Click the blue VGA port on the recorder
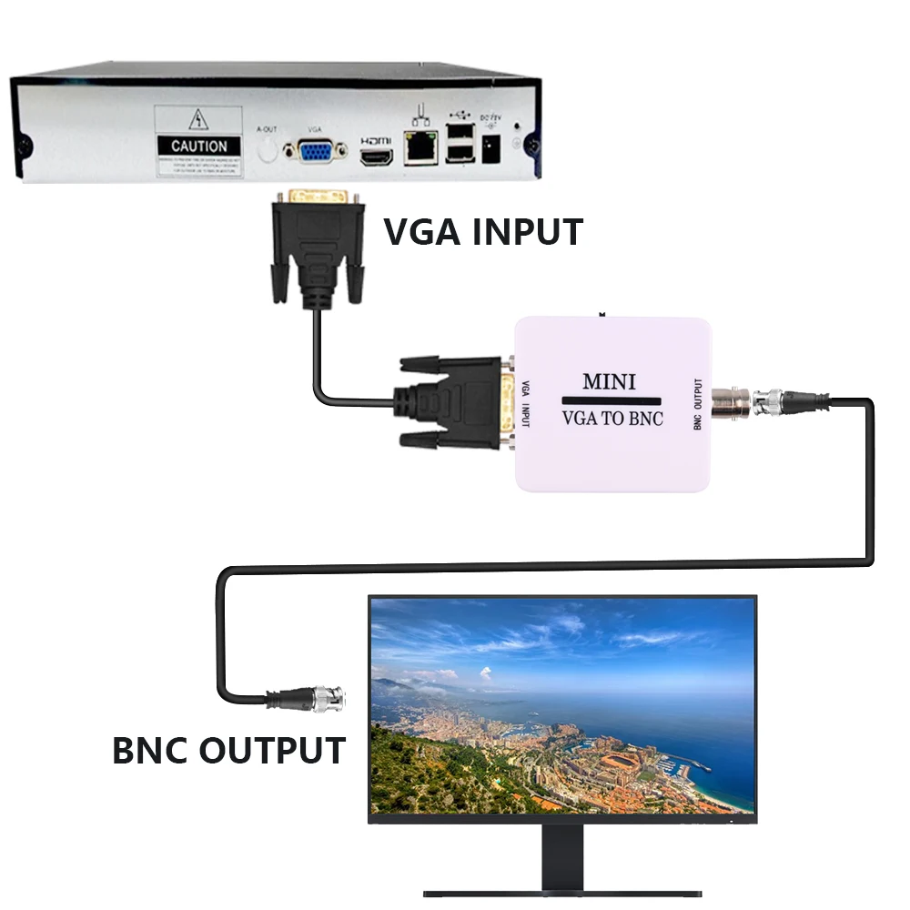(x=314, y=152)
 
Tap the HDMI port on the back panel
(x=376, y=158)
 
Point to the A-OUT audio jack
(x=267, y=147)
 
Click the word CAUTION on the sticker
(x=199, y=146)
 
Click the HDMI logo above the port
(x=376, y=141)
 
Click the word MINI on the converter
(x=609, y=381)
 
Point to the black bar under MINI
(x=611, y=400)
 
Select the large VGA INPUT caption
(x=482, y=232)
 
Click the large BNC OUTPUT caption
(x=228, y=752)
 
